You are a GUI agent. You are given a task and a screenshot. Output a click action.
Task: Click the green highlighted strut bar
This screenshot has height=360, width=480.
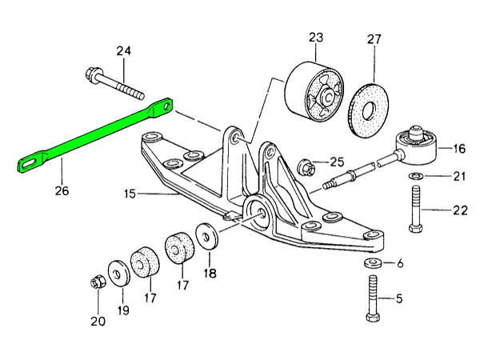96,137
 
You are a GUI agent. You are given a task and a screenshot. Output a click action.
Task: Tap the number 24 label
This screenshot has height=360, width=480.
122,51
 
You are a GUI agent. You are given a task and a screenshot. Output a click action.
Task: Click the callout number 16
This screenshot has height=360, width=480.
458,148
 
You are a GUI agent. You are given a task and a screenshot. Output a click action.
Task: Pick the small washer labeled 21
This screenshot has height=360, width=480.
416,176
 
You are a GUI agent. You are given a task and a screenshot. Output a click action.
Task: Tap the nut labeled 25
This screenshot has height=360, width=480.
305,167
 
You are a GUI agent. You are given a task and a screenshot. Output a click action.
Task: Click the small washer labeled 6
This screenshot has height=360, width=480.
372,263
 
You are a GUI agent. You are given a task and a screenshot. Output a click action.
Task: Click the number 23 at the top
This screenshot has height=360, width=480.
314,37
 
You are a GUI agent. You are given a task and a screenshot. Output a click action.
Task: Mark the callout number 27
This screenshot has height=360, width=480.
374,38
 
